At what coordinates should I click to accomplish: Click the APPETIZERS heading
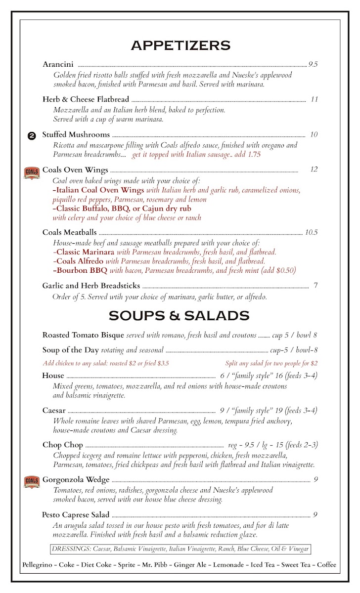coord(180,45)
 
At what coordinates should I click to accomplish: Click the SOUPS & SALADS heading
coord(179,315)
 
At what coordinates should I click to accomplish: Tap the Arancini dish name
coord(58,64)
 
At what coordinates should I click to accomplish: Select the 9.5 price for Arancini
coord(313,64)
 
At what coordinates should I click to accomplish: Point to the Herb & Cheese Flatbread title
coord(86,99)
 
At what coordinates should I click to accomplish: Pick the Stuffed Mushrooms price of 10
coord(313,134)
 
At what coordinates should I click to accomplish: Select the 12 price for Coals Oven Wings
coord(314,169)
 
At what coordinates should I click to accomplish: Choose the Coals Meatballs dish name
coord(70,232)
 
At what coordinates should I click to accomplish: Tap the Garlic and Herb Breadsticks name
coord(91,286)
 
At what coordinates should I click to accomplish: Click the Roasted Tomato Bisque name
coord(83,335)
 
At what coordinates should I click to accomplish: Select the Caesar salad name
coord(54,410)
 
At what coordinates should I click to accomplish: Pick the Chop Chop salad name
coord(63,445)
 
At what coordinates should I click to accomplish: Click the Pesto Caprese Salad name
coord(76,514)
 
